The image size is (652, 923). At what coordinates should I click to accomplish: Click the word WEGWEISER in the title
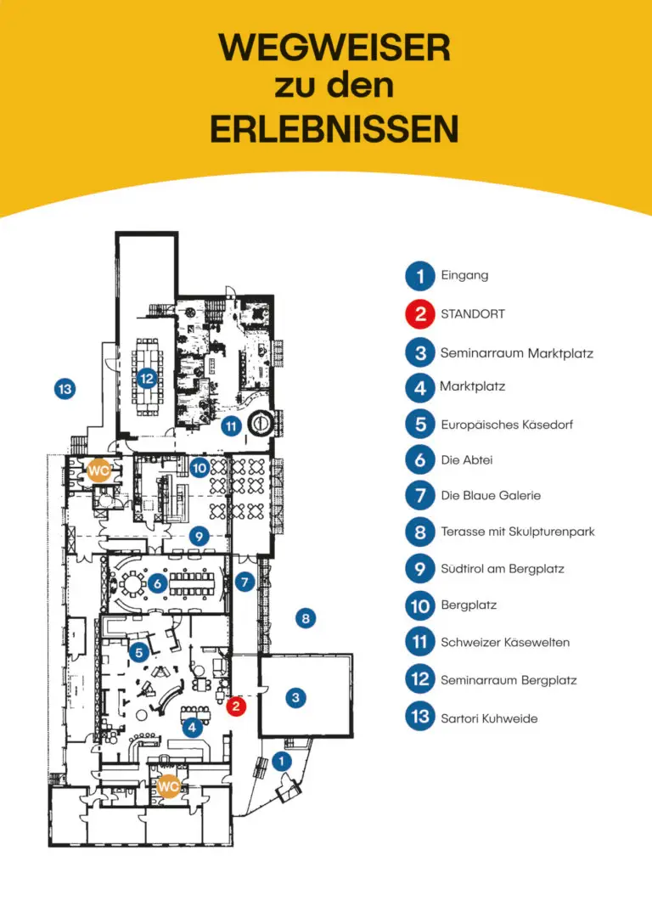[334, 48]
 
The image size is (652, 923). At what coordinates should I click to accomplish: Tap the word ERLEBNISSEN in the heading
[334, 129]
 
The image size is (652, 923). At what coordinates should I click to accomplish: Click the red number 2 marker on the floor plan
[236, 706]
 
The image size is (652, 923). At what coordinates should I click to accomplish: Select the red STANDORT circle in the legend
[420, 313]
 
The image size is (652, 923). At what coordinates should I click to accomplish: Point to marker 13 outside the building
[65, 389]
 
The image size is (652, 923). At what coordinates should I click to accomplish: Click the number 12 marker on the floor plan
[147, 379]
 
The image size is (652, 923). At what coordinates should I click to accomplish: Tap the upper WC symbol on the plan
[98, 471]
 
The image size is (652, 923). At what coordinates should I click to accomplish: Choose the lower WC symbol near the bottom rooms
[168, 785]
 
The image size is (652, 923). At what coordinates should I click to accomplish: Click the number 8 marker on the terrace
[306, 618]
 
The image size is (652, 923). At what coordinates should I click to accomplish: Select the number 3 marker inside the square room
[295, 698]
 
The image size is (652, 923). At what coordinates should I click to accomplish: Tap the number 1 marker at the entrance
[281, 762]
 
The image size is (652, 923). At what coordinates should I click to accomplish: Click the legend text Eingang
[465, 275]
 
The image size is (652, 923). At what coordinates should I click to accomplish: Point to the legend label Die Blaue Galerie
[491, 496]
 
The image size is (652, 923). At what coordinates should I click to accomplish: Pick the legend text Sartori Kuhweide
[489, 718]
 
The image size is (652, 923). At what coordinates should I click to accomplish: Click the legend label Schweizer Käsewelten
[505, 642]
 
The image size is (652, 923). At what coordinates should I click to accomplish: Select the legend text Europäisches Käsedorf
[507, 425]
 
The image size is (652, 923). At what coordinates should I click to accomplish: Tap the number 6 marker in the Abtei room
[157, 584]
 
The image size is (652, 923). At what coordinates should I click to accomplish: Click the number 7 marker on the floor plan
[244, 583]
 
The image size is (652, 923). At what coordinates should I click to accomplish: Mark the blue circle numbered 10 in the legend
[420, 605]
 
